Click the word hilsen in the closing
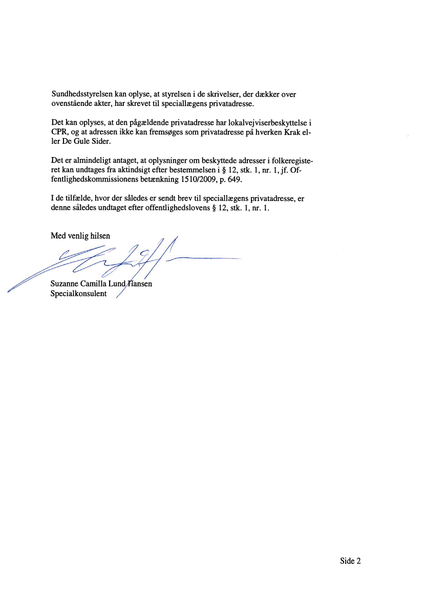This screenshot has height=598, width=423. click(99, 236)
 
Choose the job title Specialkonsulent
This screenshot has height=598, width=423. click(78, 294)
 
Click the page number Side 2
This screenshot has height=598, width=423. click(350, 561)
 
